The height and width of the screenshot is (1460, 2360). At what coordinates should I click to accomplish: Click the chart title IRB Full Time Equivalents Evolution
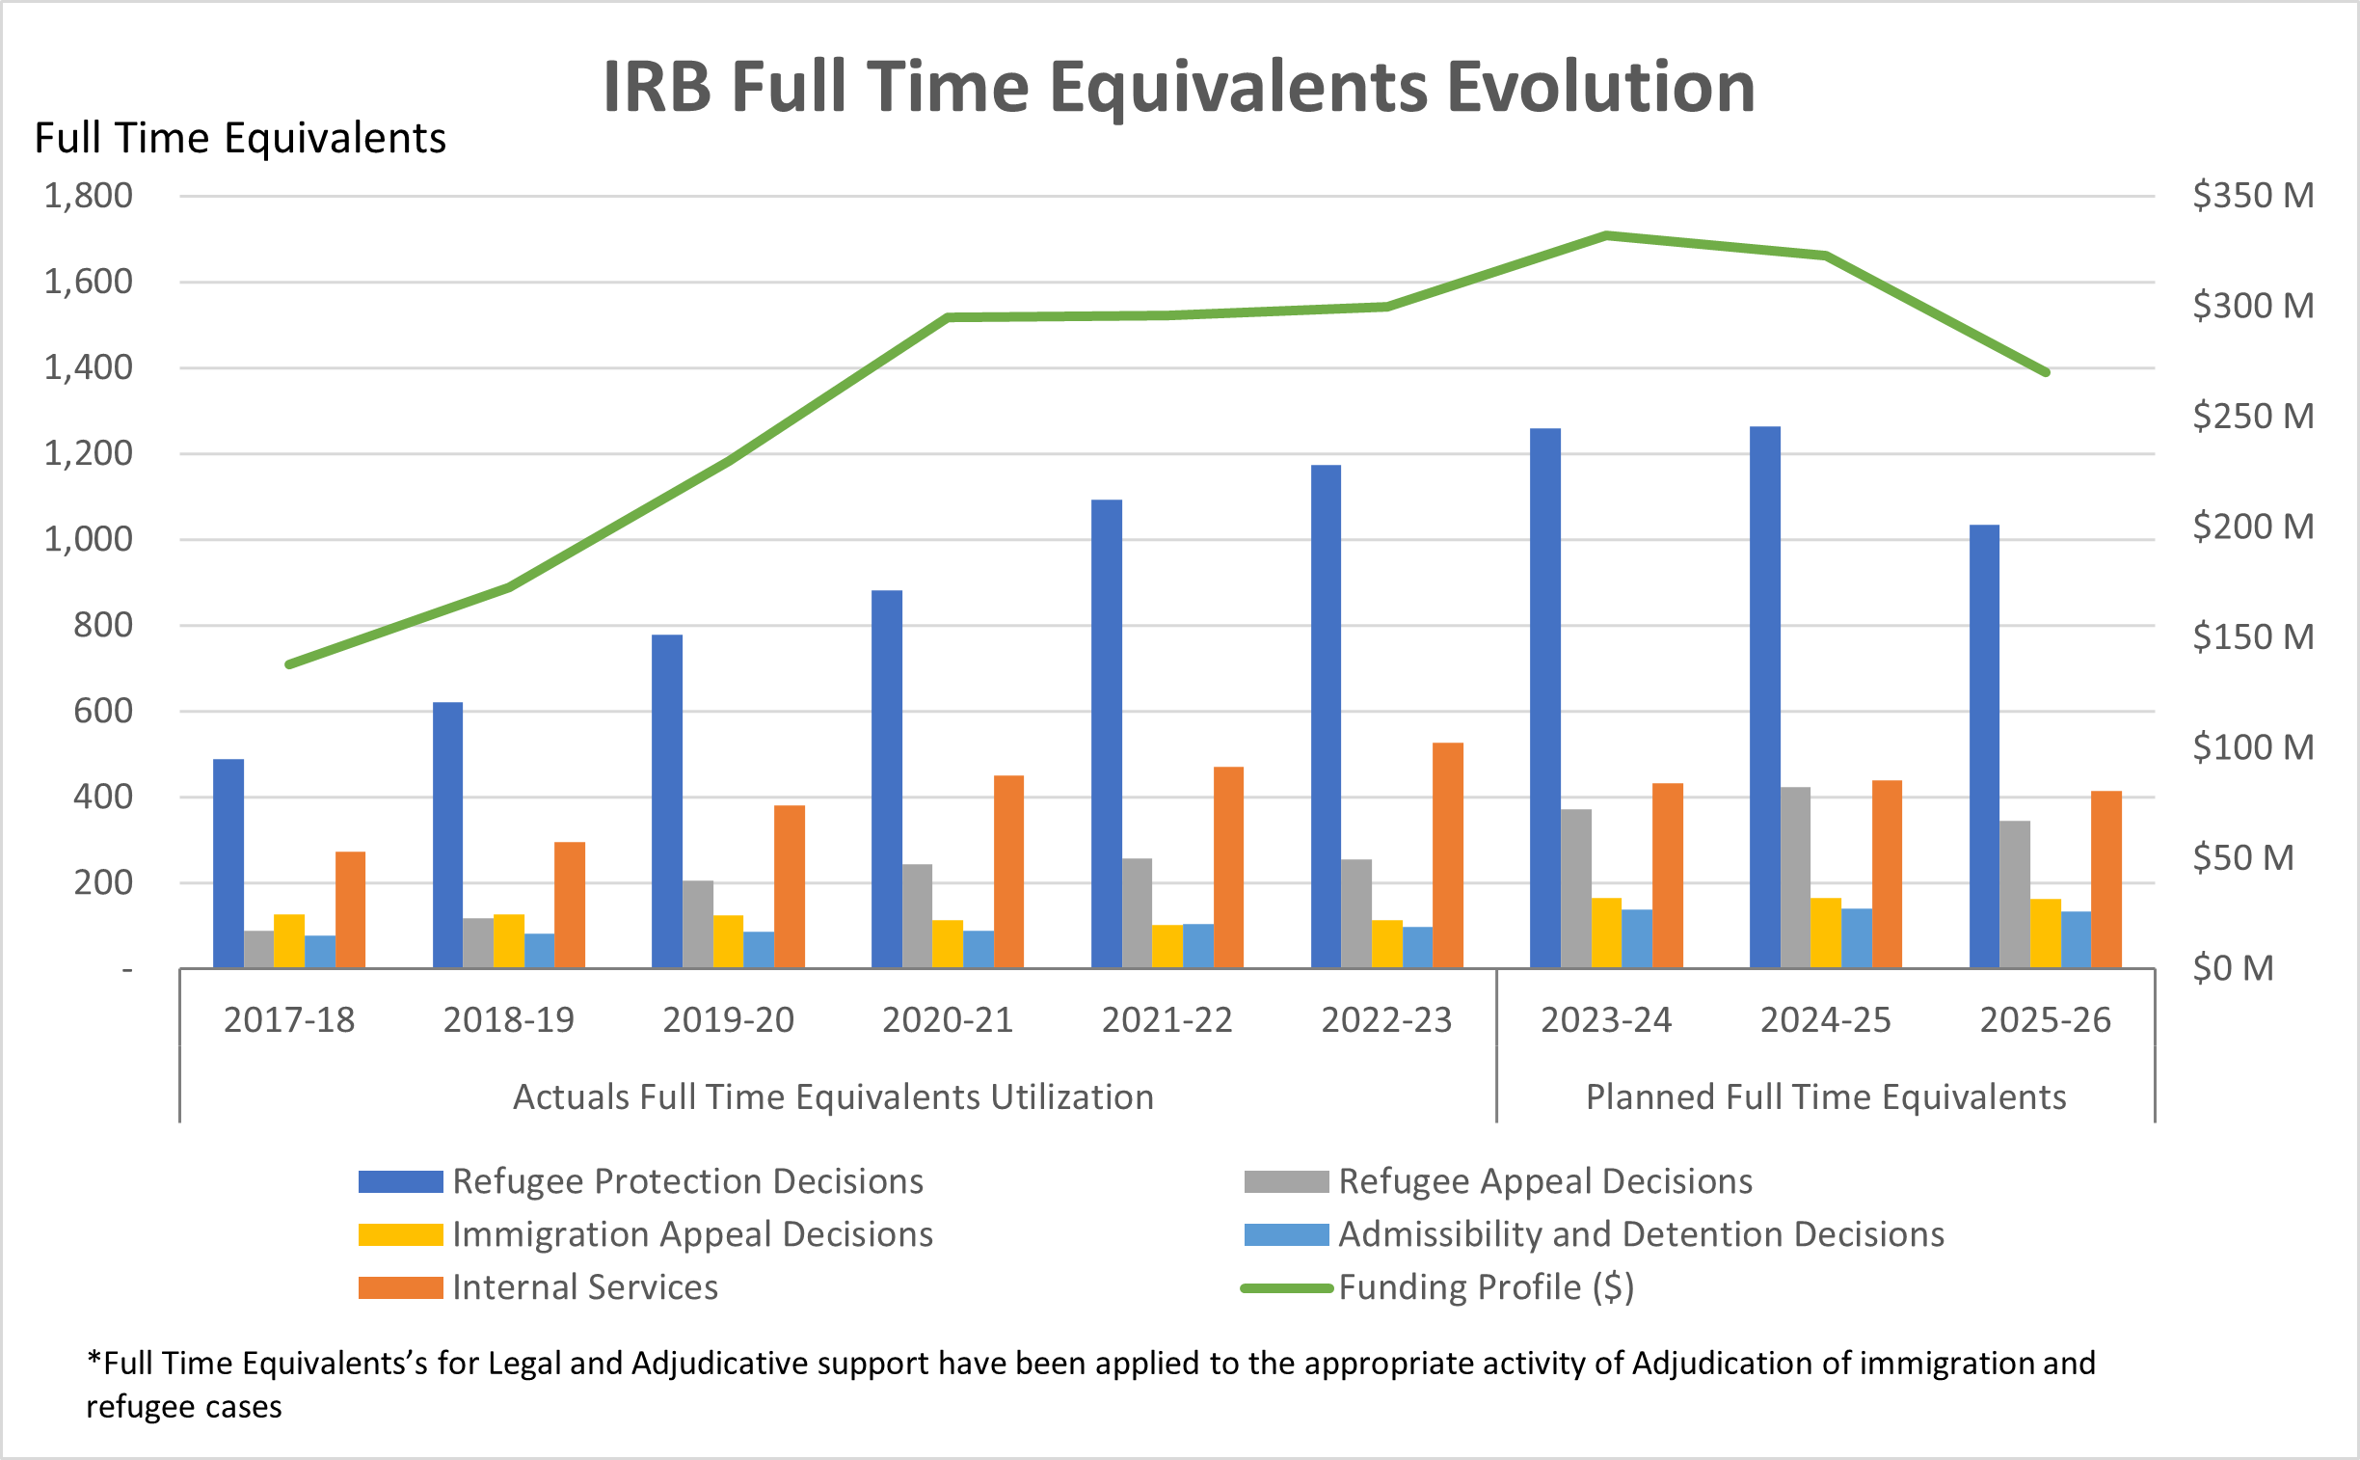pos(1178,87)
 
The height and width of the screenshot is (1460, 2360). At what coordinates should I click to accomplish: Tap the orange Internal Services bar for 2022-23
pos(1447,855)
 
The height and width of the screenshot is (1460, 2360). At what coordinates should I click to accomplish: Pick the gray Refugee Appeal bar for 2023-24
pos(1575,888)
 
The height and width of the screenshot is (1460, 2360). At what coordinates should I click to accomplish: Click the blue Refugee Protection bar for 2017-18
pos(228,863)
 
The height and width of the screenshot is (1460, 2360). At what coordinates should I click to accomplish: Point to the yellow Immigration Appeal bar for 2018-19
pos(509,940)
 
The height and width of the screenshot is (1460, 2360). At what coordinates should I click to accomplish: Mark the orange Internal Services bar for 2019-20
pos(789,886)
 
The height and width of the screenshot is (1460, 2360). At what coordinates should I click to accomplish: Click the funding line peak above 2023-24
pos(1606,234)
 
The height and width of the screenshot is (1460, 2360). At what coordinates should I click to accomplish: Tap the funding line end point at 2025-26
pos(2046,372)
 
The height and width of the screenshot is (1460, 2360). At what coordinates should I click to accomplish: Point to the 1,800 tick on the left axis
pos(88,196)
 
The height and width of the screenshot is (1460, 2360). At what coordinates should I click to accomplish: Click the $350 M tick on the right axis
pos(2253,196)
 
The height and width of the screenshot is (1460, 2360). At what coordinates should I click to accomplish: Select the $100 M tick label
pos(2253,747)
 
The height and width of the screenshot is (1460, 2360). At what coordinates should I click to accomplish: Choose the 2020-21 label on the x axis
pos(947,1019)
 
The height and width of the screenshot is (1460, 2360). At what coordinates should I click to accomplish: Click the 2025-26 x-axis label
pos(2046,1019)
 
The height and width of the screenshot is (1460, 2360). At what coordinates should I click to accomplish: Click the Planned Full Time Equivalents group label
pos(1825,1097)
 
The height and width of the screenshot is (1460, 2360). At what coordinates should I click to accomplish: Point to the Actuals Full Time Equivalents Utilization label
pos(833,1097)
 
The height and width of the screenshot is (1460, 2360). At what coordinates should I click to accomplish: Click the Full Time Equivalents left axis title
pos(240,138)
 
